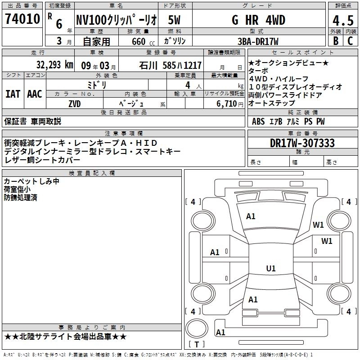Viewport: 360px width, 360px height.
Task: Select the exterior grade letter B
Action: (335, 40)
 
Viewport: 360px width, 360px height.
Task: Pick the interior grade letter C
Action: (350, 40)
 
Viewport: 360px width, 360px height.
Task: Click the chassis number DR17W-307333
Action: (302, 143)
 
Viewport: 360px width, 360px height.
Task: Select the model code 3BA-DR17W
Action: (258, 41)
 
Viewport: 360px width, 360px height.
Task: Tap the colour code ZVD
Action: (75, 103)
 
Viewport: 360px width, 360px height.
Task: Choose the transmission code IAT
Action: (13, 94)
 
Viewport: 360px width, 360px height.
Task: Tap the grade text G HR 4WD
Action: (258, 20)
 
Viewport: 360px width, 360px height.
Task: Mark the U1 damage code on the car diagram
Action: (270, 269)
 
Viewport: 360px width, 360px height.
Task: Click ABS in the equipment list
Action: (258, 121)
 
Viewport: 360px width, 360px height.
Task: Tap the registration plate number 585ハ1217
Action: (182, 65)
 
